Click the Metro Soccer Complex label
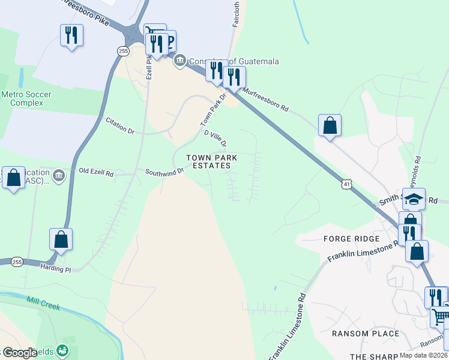[22, 98]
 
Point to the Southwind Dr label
[164, 172]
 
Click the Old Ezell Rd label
[96, 172]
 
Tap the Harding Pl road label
[55, 269]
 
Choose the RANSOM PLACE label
[366, 333]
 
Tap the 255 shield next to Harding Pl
[17, 262]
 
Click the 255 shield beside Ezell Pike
[123, 51]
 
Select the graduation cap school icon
[414, 199]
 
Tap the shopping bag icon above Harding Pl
[61, 239]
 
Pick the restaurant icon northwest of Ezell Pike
[71, 35]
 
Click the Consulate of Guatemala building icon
[179, 61]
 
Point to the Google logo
[20, 353]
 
